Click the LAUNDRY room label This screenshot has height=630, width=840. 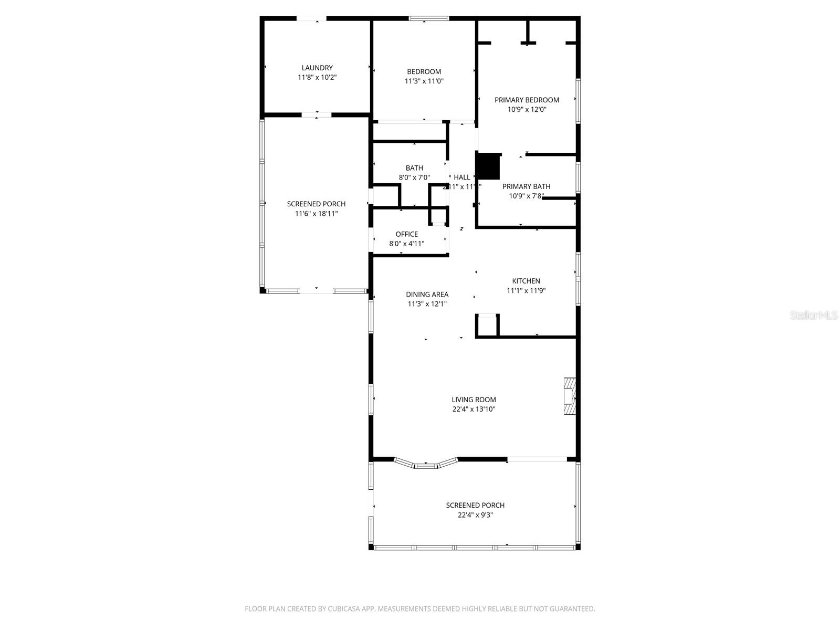click(317, 68)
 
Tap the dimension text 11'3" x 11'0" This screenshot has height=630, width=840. click(424, 81)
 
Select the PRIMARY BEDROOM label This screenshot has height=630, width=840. click(527, 100)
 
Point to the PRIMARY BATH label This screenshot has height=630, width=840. click(526, 186)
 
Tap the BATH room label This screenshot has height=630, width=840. click(414, 168)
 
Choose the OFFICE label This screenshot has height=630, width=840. click(406, 234)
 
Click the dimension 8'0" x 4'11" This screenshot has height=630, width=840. click(406, 244)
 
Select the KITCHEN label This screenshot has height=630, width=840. click(526, 281)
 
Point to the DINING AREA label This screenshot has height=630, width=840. click(427, 295)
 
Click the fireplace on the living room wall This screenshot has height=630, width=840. click(569, 397)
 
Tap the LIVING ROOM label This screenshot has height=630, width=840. click(474, 400)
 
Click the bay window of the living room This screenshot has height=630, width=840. click(426, 464)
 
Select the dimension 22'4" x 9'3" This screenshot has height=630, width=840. click(475, 515)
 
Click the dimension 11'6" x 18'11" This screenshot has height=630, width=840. click(316, 214)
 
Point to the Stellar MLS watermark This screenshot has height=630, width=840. click(814, 316)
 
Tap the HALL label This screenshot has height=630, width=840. click(462, 177)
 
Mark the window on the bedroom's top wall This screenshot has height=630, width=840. click(429, 19)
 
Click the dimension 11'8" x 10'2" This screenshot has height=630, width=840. click(317, 77)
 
